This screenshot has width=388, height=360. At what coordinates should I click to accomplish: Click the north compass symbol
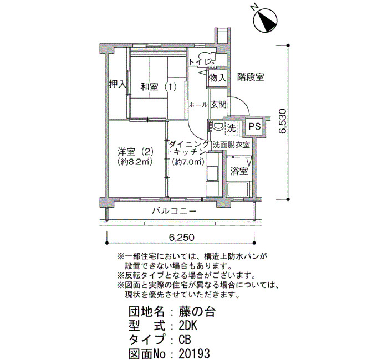266,21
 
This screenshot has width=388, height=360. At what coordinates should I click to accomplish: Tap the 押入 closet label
118,85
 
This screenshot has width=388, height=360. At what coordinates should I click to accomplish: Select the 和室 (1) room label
159,87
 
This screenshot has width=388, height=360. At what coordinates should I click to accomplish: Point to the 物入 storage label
217,78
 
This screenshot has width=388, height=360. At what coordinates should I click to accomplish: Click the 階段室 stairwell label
251,77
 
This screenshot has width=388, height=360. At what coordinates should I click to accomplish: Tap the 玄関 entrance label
218,105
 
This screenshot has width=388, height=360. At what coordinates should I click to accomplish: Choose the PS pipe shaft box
254,127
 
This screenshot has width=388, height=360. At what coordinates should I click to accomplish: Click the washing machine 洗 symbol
232,128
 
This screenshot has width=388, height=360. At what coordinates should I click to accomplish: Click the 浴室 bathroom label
239,171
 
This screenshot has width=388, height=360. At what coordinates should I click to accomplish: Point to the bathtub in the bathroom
238,189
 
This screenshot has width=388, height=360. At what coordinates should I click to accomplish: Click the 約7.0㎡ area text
188,162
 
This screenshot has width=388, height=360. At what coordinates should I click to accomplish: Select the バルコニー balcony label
174,211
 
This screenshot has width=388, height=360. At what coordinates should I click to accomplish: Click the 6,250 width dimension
182,238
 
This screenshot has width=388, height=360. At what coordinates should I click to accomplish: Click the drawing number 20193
194,353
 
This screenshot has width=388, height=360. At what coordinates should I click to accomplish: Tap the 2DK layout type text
188,326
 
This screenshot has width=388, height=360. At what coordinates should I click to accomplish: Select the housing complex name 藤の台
197,312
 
